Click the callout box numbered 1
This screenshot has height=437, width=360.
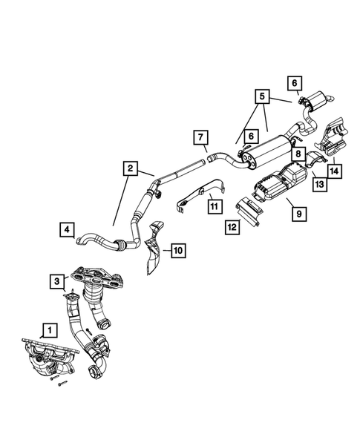click(48, 328)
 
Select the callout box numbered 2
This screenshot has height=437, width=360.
click(129, 169)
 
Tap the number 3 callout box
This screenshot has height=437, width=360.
click(57, 280)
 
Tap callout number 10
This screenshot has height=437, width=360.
click(179, 250)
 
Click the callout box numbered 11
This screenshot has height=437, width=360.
click(213, 206)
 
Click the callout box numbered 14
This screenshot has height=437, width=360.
click(336, 170)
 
